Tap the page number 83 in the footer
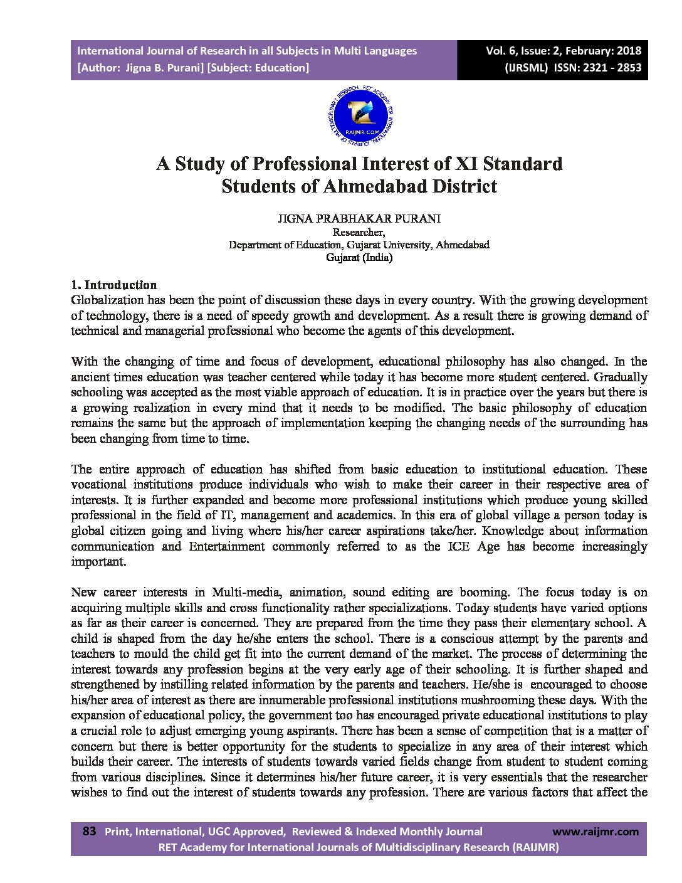pos(89,831)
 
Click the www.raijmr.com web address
pos(595,832)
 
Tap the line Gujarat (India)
pos(359,257)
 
